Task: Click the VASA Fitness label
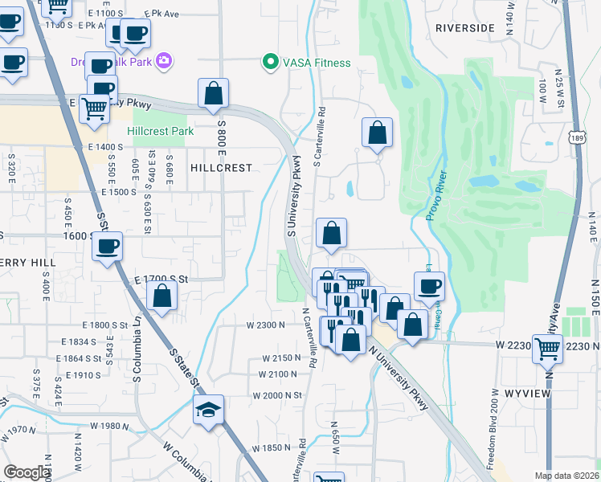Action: [x=316, y=63]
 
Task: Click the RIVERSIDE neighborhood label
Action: [x=464, y=27]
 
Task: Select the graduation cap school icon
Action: [x=207, y=411]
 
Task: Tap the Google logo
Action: [x=27, y=472]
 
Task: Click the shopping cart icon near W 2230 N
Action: [x=547, y=349]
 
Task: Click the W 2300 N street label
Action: [x=266, y=325]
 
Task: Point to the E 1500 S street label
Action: [x=118, y=192]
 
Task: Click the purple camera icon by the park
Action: [x=166, y=60]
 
